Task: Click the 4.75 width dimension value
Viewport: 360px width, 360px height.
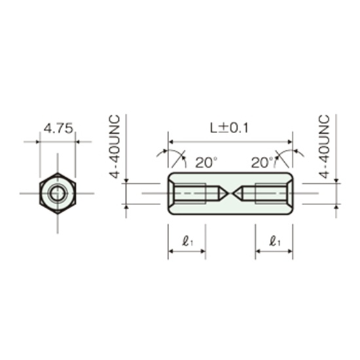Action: click(x=58, y=128)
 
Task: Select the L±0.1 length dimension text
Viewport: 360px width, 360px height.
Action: click(x=229, y=128)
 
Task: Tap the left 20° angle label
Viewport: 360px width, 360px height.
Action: click(x=206, y=162)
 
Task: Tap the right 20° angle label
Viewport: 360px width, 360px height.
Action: click(x=262, y=162)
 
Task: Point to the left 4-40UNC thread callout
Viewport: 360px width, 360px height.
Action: click(x=115, y=147)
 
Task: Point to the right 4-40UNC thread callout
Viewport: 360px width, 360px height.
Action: click(x=325, y=147)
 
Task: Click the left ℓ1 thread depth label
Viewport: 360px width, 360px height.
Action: click(x=188, y=242)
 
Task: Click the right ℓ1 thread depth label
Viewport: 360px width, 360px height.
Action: click(x=275, y=242)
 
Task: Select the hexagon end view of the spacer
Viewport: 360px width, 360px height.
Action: click(x=58, y=193)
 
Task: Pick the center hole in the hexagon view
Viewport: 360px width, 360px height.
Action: click(x=58, y=193)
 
